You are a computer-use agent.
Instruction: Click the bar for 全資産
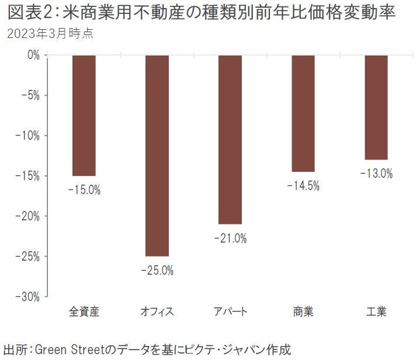pos(84,115)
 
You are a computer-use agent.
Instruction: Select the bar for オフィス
pos(157,155)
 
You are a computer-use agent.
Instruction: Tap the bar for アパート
pos(230,139)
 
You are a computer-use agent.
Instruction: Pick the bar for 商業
pos(303,113)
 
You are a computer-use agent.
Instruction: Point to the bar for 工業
pos(376,107)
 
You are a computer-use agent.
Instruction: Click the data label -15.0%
pos(84,190)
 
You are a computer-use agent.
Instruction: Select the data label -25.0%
pos(157,271)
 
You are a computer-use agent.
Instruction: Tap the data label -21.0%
pos(230,238)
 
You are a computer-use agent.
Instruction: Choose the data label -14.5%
pos(303,186)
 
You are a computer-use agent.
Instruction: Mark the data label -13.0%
pos(376,174)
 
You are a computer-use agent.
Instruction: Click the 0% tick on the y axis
pos(33,55)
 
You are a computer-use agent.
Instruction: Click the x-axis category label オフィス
pos(157,311)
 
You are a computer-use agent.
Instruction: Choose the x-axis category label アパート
pos(230,311)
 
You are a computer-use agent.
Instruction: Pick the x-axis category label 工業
pos(376,311)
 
